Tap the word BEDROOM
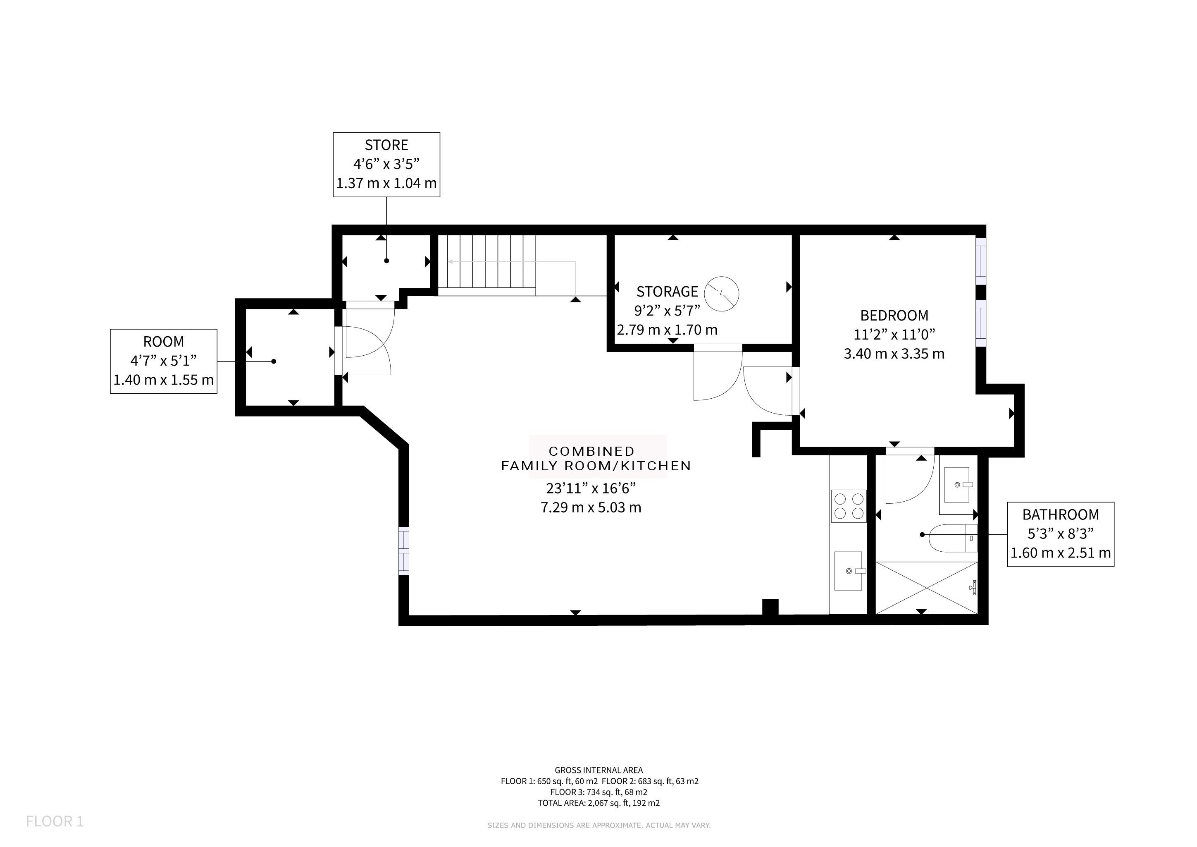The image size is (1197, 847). (x=894, y=315)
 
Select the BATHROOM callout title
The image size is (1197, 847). (x=1061, y=515)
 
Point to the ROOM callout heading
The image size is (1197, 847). (x=164, y=342)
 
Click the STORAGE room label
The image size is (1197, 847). (x=667, y=291)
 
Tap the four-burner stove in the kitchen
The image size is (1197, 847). (x=849, y=506)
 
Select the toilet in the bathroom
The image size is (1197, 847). (x=954, y=538)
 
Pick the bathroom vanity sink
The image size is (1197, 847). (x=958, y=485)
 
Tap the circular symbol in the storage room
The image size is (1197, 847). (x=722, y=294)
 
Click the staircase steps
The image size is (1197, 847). (x=486, y=265)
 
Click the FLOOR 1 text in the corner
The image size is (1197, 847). (x=55, y=822)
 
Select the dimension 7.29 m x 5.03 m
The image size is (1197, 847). (x=591, y=507)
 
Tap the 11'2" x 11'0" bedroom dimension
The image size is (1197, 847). (x=894, y=334)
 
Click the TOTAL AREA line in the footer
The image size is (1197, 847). (x=598, y=803)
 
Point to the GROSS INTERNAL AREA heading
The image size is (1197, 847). (x=598, y=770)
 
